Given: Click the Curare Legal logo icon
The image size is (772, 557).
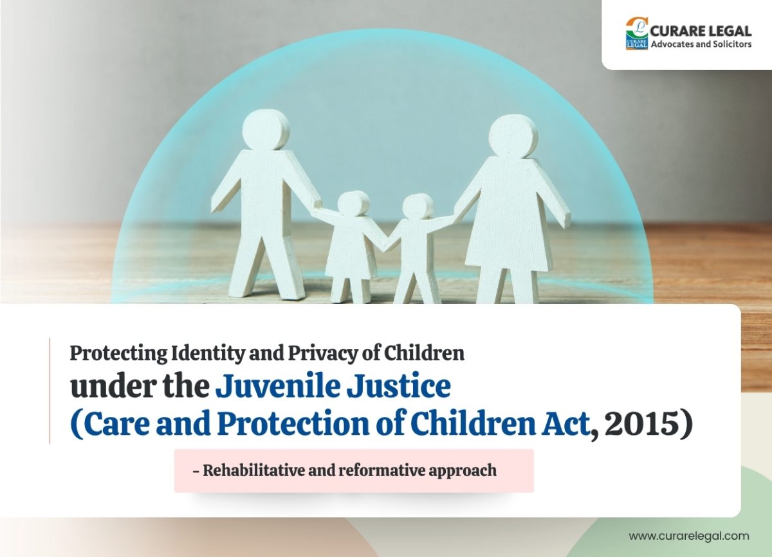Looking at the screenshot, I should (x=637, y=33).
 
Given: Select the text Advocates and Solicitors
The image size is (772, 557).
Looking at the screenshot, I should (x=701, y=44).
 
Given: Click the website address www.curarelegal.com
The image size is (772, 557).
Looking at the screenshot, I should (x=689, y=536).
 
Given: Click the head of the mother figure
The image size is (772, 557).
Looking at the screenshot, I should (x=513, y=136).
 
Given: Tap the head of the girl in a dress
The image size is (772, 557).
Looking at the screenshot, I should (x=353, y=204).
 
